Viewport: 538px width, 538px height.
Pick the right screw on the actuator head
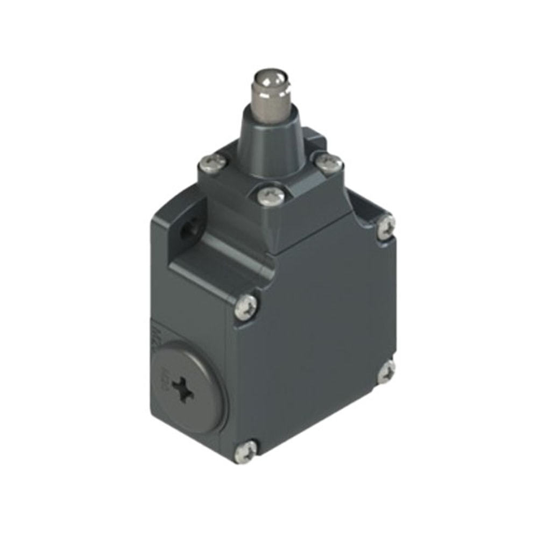[329, 162]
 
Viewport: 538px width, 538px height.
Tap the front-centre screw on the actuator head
[271, 196]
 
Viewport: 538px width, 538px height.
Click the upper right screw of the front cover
[386, 226]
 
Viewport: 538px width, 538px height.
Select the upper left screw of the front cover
[247, 305]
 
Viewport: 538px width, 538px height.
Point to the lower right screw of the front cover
[386, 372]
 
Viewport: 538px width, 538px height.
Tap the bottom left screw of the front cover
[246, 451]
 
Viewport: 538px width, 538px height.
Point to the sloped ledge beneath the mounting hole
[215, 269]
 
